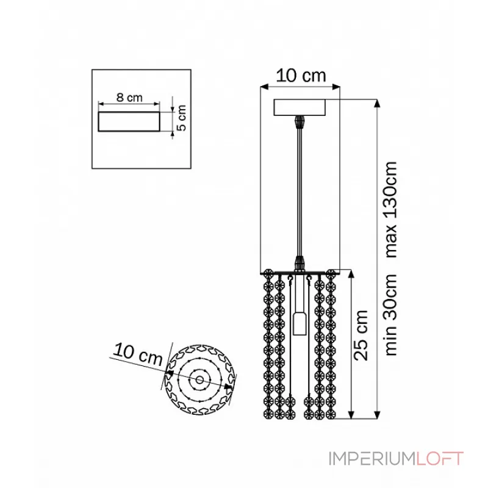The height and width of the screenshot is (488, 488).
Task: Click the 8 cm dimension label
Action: click(x=129, y=98)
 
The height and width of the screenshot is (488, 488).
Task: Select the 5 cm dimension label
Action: click(x=181, y=118)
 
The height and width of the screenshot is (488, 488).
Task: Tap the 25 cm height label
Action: click(x=361, y=335)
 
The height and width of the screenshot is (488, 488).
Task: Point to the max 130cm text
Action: click(x=391, y=209)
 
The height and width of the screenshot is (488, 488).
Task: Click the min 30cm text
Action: click(x=391, y=315)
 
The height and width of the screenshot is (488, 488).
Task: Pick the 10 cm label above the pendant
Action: click(x=301, y=76)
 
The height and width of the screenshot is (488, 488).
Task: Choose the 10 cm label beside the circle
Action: click(x=138, y=354)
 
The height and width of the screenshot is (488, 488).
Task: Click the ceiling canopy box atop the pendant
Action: click(x=300, y=107)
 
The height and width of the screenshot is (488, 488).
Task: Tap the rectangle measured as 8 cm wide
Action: click(x=129, y=121)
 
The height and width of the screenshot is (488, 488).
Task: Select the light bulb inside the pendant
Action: click(x=300, y=324)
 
